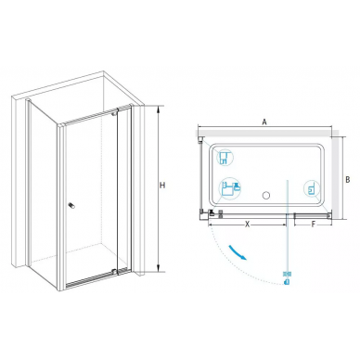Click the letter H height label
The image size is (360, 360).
pos(162,186)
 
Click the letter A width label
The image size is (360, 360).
pos(264,122)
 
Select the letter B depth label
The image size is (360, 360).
pos(347,179)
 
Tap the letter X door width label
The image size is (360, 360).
pos(247,225)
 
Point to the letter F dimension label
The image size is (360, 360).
pos(313,225)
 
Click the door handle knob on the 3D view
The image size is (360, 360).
pos(71,206)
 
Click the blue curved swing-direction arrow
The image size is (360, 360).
pos(238,252)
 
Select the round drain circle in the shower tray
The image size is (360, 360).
pos(266,196)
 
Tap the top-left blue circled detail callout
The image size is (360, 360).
pos(225,158)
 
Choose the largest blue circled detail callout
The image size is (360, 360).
pos(230,189)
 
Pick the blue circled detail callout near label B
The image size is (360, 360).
pos(312,188)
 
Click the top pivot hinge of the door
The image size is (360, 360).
pos(115,112)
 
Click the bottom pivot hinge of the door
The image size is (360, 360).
pos(116,271)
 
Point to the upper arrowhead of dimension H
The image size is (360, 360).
pos(159,109)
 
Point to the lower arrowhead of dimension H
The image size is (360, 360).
pos(159,269)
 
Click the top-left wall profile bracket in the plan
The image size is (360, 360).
pos(200,139)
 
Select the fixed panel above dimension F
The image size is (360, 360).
pos(312,214)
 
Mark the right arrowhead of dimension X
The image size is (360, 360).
pos(285,225)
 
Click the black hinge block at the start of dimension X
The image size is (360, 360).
pos(212,212)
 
